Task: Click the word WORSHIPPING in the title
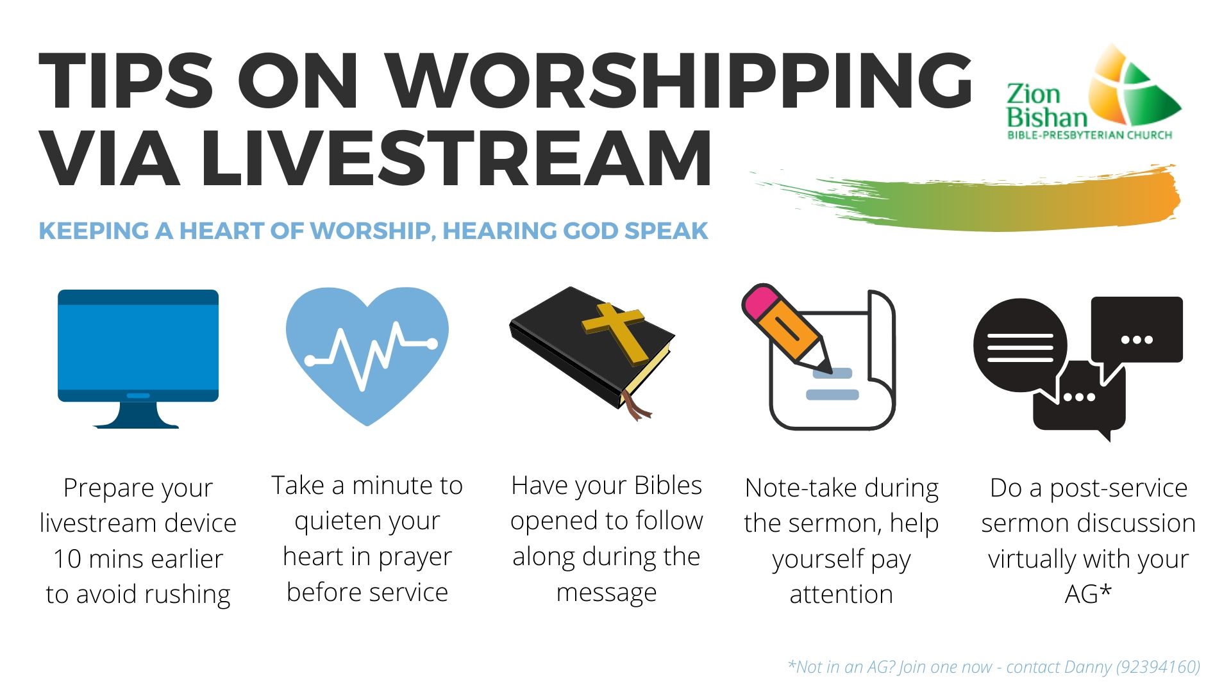[681, 81]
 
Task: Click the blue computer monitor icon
[138, 359]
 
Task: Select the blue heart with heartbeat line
[367, 356]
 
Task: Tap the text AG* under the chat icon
[1088, 594]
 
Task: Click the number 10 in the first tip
[67, 559]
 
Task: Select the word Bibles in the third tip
[668, 486]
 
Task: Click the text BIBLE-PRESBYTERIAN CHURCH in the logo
[1089, 135]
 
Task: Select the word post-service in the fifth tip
[1119, 489]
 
